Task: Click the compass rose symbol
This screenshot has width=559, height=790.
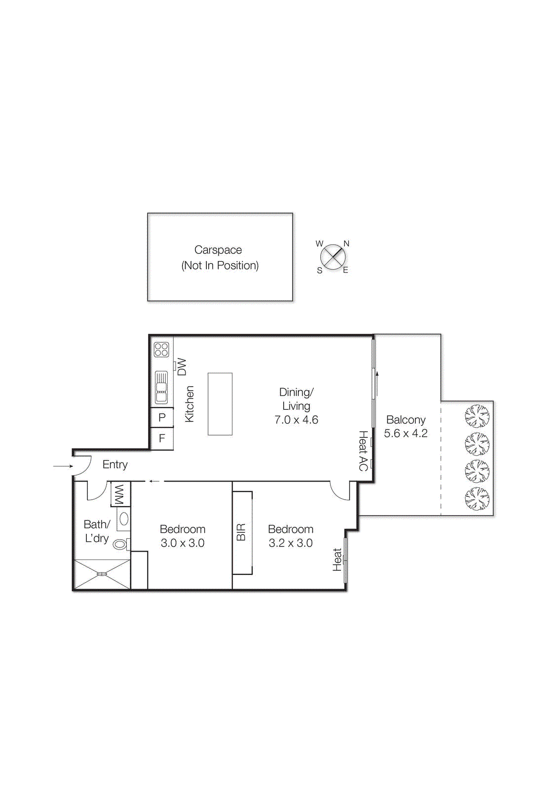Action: coord(333,257)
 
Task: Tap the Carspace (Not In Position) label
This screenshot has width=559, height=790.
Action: coord(220,258)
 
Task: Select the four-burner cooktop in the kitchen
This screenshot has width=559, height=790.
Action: coord(161,350)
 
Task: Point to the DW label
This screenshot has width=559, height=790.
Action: coord(182,367)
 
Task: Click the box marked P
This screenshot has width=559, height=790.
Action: coord(162,418)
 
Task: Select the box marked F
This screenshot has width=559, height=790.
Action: coord(162,438)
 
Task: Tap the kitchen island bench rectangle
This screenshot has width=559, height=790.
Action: coord(220,404)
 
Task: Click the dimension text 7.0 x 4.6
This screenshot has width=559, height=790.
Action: coord(296,420)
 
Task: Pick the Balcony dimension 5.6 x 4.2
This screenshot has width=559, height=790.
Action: coord(406,434)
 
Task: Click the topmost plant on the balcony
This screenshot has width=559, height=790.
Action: coord(477,416)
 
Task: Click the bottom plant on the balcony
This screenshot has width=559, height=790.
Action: coord(477,499)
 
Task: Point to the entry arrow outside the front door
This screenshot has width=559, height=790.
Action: coord(63,466)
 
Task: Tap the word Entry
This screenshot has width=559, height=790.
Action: coord(115,465)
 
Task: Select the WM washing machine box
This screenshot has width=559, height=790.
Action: coord(120,494)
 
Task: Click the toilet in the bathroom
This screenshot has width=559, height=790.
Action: coord(120,544)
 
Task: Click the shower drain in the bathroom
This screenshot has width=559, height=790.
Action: coord(102,574)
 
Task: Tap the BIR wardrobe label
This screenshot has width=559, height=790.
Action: coord(241,532)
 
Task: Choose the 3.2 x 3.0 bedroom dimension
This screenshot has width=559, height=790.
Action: coord(291,543)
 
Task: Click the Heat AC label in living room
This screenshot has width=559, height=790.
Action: coord(363,450)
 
